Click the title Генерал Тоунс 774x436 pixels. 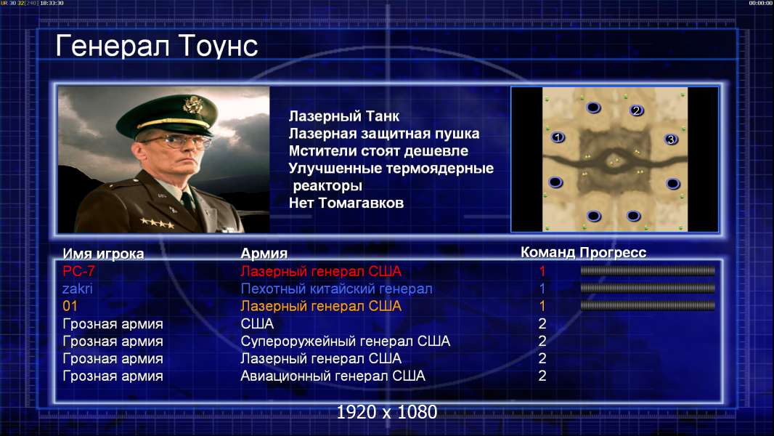[157, 46]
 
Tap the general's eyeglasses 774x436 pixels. [178, 142]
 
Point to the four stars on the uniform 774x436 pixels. [157, 223]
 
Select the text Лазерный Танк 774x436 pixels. [344, 116]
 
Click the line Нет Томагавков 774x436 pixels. [346, 203]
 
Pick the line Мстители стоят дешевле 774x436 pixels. [378, 151]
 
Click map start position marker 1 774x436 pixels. [558, 137]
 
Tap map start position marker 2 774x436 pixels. [636, 110]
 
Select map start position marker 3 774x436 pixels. [671, 140]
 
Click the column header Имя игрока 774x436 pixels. [103, 254]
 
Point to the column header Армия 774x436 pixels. [264, 254]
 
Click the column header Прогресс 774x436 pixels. [613, 252]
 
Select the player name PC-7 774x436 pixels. [79, 271]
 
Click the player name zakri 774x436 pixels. [78, 288]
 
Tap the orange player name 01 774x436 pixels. [70, 306]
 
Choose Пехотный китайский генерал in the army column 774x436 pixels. [337, 289]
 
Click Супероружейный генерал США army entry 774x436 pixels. [345, 342]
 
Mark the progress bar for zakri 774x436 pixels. [648, 288]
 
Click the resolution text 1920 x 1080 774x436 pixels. [387, 412]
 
